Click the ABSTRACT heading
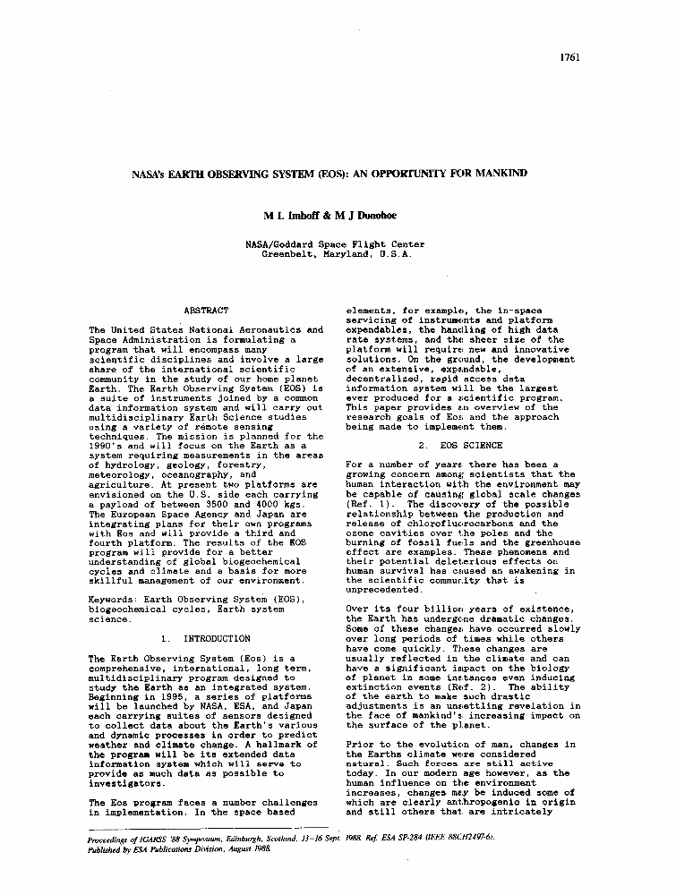coord(205,311)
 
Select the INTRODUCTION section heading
coord(217,638)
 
